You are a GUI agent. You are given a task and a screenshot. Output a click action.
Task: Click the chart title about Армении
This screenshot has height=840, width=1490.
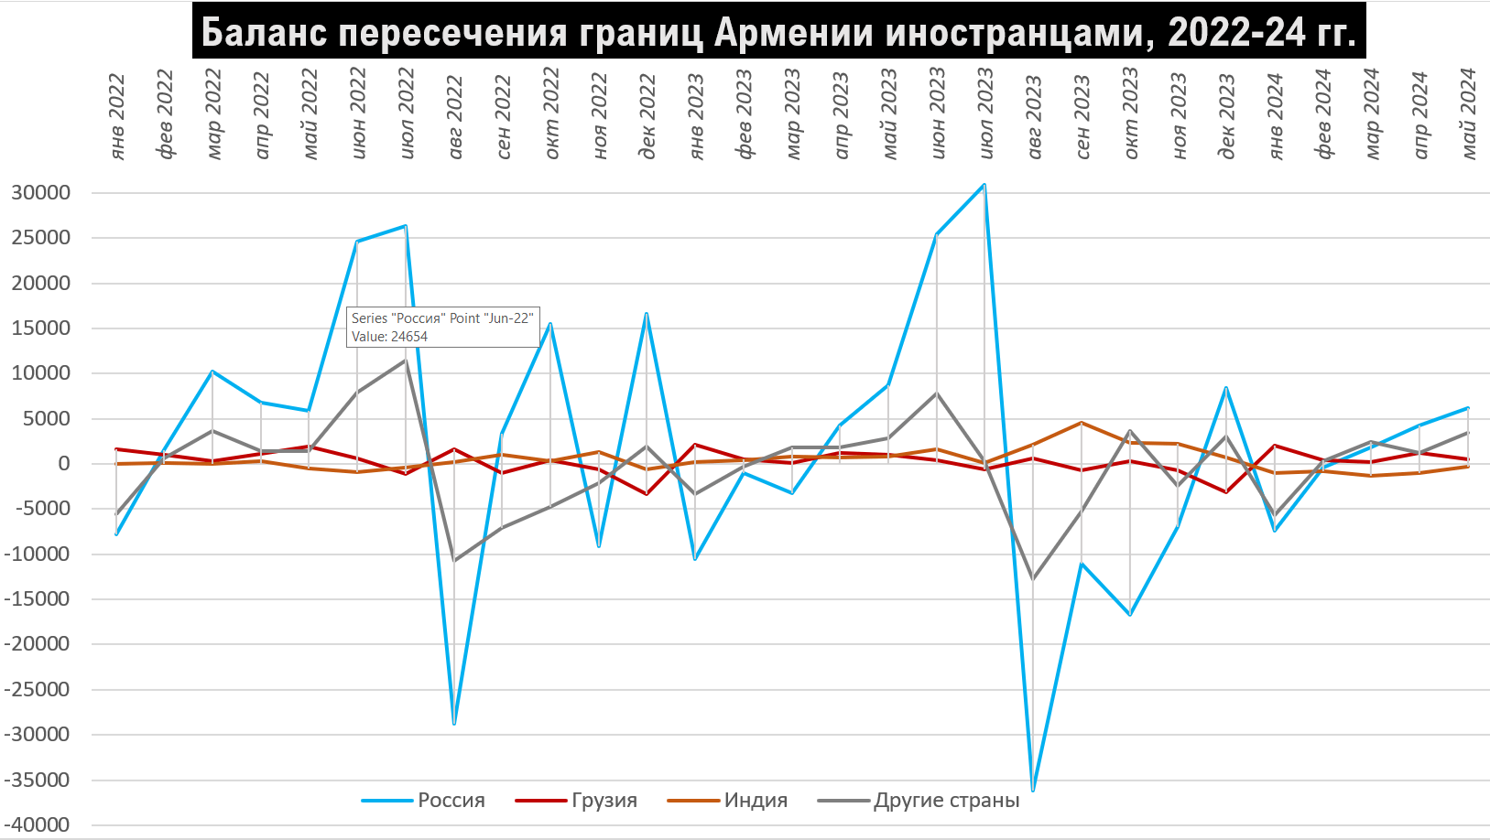pyautogui.click(x=778, y=31)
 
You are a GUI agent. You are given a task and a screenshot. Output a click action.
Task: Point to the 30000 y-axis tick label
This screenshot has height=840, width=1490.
pyautogui.click(x=41, y=193)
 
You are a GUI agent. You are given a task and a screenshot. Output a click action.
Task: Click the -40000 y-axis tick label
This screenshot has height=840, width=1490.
pyautogui.click(x=38, y=824)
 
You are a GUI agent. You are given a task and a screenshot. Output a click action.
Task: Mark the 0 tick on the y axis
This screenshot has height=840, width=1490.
pyautogui.click(x=64, y=464)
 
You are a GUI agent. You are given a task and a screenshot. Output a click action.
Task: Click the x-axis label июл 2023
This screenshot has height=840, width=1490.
pyautogui.click(x=985, y=113)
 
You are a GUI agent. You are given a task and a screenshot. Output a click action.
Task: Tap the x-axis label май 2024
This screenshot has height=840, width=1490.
pyautogui.click(x=1468, y=113)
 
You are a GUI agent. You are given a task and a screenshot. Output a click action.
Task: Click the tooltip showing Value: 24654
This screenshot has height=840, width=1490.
pyautogui.click(x=443, y=327)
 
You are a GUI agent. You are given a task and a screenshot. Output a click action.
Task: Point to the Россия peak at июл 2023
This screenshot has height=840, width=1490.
pyautogui.click(x=984, y=185)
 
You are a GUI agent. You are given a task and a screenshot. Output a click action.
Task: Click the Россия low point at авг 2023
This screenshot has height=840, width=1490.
pyautogui.click(x=1033, y=790)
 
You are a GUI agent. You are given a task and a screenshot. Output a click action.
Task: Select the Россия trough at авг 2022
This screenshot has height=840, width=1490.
pyautogui.click(x=454, y=724)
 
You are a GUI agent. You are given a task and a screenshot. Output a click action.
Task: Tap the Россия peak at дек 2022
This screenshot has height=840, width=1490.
pyautogui.click(x=647, y=314)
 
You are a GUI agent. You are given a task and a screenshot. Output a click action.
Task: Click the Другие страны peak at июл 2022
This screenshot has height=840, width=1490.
pyautogui.click(x=406, y=361)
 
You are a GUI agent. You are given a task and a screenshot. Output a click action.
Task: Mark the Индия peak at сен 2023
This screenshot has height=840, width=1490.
pyautogui.click(x=1082, y=423)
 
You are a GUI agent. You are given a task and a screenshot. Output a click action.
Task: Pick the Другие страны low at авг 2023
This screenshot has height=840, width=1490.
pyautogui.click(x=1033, y=578)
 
